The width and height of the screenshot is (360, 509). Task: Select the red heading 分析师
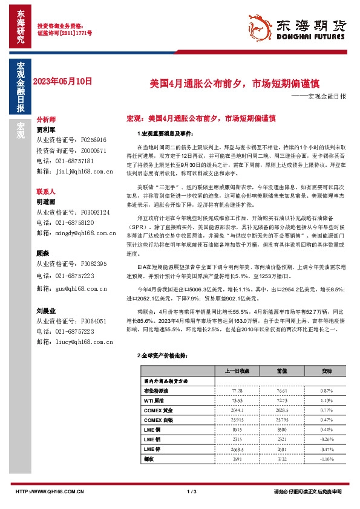[x=47, y=120]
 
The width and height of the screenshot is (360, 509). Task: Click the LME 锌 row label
[x=153, y=450]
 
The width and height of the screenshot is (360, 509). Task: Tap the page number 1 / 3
[x=193, y=491]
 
